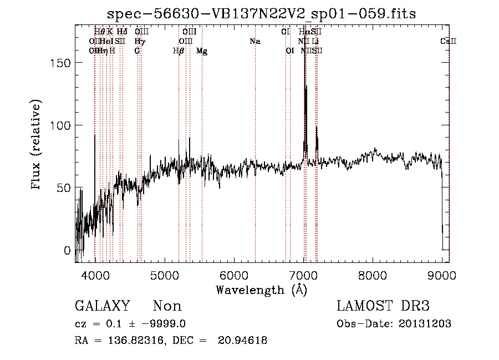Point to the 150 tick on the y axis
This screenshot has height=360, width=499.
point(65,63)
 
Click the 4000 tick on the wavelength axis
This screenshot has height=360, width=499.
point(95,274)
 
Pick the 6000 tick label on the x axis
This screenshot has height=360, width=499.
point(233,274)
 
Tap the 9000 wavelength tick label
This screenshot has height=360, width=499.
point(442,274)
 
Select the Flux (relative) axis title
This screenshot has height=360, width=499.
point(37,145)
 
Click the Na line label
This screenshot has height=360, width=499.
point(255,42)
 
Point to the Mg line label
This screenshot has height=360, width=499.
point(202,51)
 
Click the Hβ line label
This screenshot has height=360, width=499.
point(179,51)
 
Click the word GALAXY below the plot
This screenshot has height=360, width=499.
point(103,306)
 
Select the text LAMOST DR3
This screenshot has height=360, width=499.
point(383,306)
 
